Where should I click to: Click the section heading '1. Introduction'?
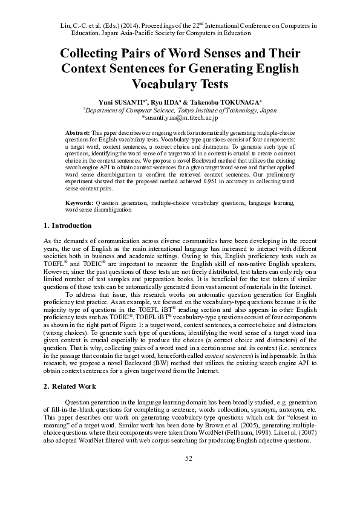click(x=68, y=225)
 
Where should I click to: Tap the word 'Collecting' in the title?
click(x=95, y=53)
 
